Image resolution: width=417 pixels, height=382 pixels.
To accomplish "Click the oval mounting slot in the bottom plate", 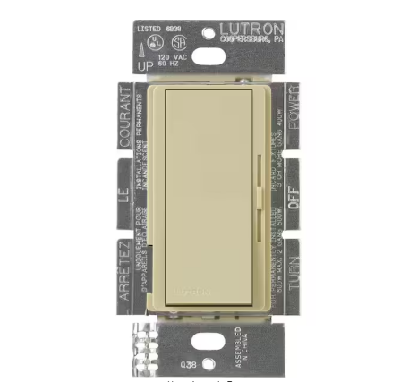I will [x=208, y=333].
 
